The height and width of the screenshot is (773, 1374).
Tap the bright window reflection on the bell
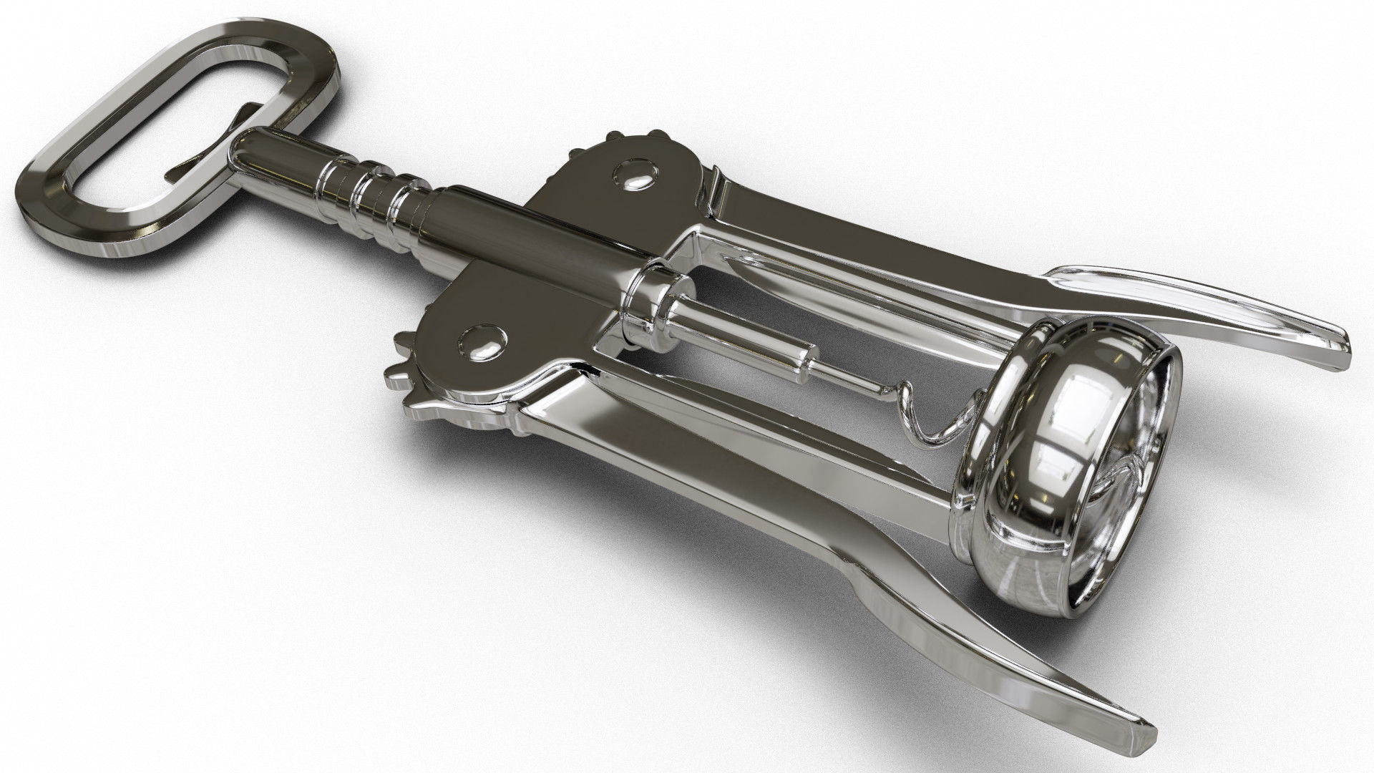1088,401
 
